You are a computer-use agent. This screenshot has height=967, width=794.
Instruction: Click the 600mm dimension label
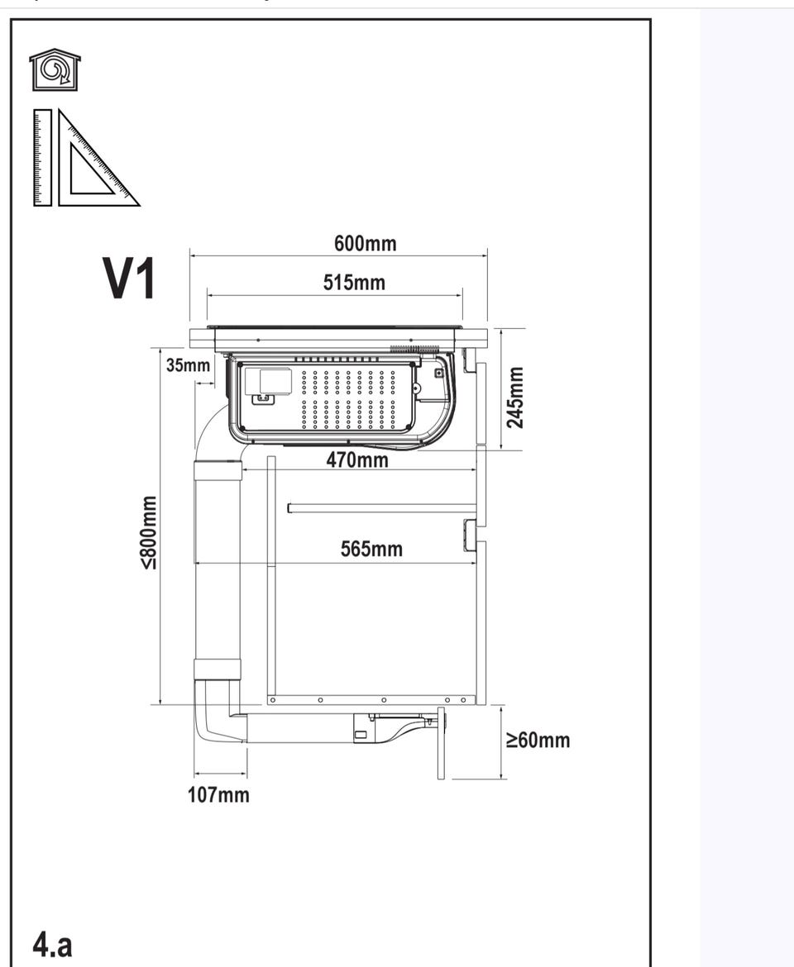pyautogui.click(x=366, y=244)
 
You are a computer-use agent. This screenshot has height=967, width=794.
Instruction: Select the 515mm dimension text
pyautogui.click(x=354, y=283)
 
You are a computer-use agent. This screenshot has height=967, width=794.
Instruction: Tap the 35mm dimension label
pyautogui.click(x=189, y=365)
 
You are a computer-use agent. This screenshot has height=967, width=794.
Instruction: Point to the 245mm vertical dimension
pyautogui.click(x=514, y=398)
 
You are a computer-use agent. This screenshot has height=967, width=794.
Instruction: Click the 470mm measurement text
pyautogui.click(x=357, y=460)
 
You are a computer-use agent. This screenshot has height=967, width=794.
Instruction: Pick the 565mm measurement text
pyautogui.click(x=371, y=549)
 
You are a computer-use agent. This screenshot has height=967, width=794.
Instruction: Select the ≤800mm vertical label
pyautogui.click(x=149, y=533)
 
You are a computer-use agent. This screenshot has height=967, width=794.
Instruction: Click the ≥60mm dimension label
pyautogui.click(x=538, y=740)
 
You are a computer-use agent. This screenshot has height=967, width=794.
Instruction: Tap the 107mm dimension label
pyautogui.click(x=218, y=795)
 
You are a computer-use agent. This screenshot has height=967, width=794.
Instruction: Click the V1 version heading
pyautogui.click(x=128, y=279)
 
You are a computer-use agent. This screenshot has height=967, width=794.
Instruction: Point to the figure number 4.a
pyautogui.click(x=52, y=944)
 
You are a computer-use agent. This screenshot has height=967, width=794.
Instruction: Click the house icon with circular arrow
pyautogui.click(x=55, y=69)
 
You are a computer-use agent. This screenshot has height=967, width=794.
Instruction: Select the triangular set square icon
pyautogui.click(x=98, y=158)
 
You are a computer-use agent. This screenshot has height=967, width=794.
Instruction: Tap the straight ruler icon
pyautogui.click(x=42, y=157)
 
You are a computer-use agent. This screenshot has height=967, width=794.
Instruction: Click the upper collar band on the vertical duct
pyautogui.click(x=218, y=470)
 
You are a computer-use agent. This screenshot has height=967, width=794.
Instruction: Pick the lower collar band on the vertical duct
pyautogui.click(x=218, y=669)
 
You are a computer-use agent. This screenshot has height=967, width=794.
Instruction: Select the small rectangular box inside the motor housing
pyautogui.click(x=275, y=381)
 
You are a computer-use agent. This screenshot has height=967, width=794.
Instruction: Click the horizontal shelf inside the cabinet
pyautogui.click(x=382, y=508)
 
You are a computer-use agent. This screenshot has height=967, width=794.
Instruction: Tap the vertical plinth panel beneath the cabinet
pyautogui.click(x=441, y=743)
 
